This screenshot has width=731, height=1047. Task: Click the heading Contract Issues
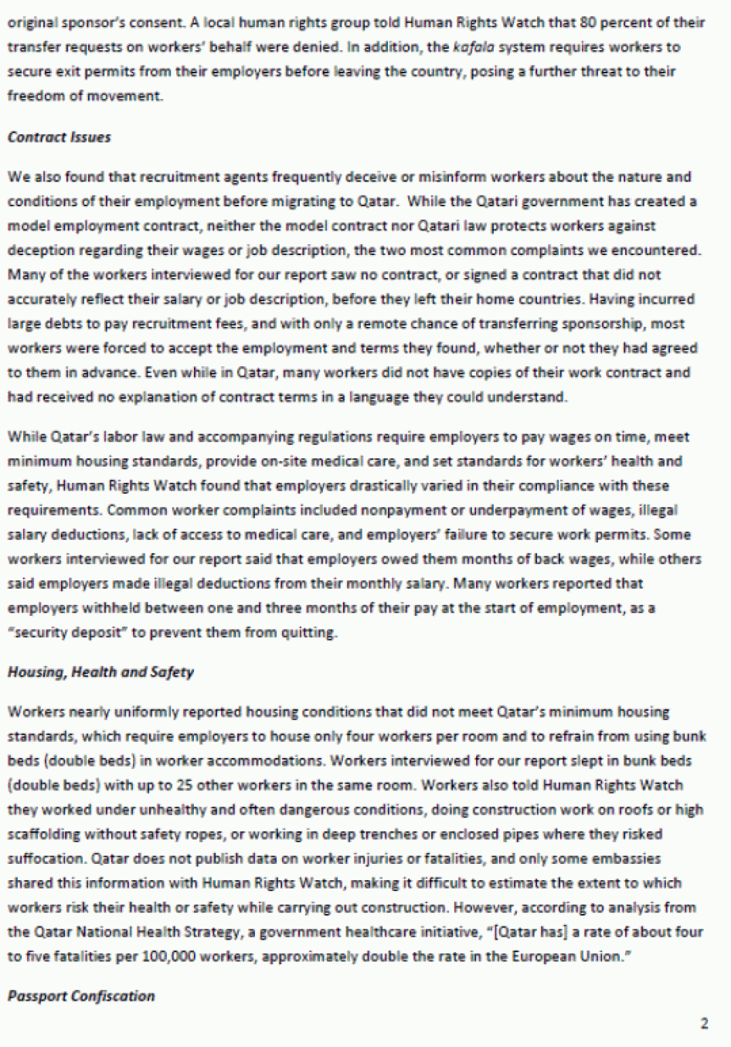pyautogui.click(x=59, y=138)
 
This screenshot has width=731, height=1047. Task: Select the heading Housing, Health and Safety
pyautogui.click(x=100, y=672)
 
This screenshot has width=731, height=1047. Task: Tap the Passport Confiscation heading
pyautogui.click(x=81, y=996)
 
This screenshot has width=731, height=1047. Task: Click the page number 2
pyautogui.click(x=704, y=1024)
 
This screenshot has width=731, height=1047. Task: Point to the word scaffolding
pyautogui.click(x=42, y=835)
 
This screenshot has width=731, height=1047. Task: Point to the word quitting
pyautogui.click(x=312, y=633)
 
